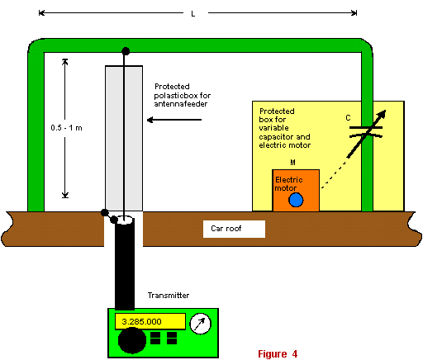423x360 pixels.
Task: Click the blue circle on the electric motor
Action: pyautogui.click(x=296, y=200)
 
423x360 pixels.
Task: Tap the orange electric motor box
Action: pyautogui.click(x=296, y=191)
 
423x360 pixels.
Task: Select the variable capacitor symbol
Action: pyautogui.click(x=366, y=134)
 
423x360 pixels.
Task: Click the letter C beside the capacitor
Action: pyautogui.click(x=348, y=118)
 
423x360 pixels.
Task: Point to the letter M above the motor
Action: pyautogui.click(x=292, y=163)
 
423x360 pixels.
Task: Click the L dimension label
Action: pyautogui.click(x=193, y=14)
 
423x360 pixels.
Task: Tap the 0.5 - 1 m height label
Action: pyautogui.click(x=66, y=128)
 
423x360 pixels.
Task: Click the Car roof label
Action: pyautogui.click(x=226, y=229)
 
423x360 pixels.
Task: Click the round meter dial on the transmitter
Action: pyautogui.click(x=201, y=324)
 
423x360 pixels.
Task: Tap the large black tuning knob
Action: pyautogui.click(x=132, y=340)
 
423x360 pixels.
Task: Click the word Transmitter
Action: pyautogui.click(x=169, y=296)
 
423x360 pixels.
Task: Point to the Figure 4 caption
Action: pyautogui.click(x=278, y=353)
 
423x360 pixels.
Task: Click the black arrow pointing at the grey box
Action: pyautogui.click(x=174, y=120)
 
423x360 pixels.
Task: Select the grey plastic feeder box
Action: pyautogui.click(x=124, y=139)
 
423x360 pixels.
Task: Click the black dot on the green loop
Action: pyautogui.click(x=126, y=51)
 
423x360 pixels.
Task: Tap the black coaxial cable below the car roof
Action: pyautogui.click(x=125, y=264)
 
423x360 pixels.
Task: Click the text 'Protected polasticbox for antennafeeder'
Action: pyautogui.click(x=182, y=95)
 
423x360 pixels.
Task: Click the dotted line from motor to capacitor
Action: pyautogui.click(x=334, y=176)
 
